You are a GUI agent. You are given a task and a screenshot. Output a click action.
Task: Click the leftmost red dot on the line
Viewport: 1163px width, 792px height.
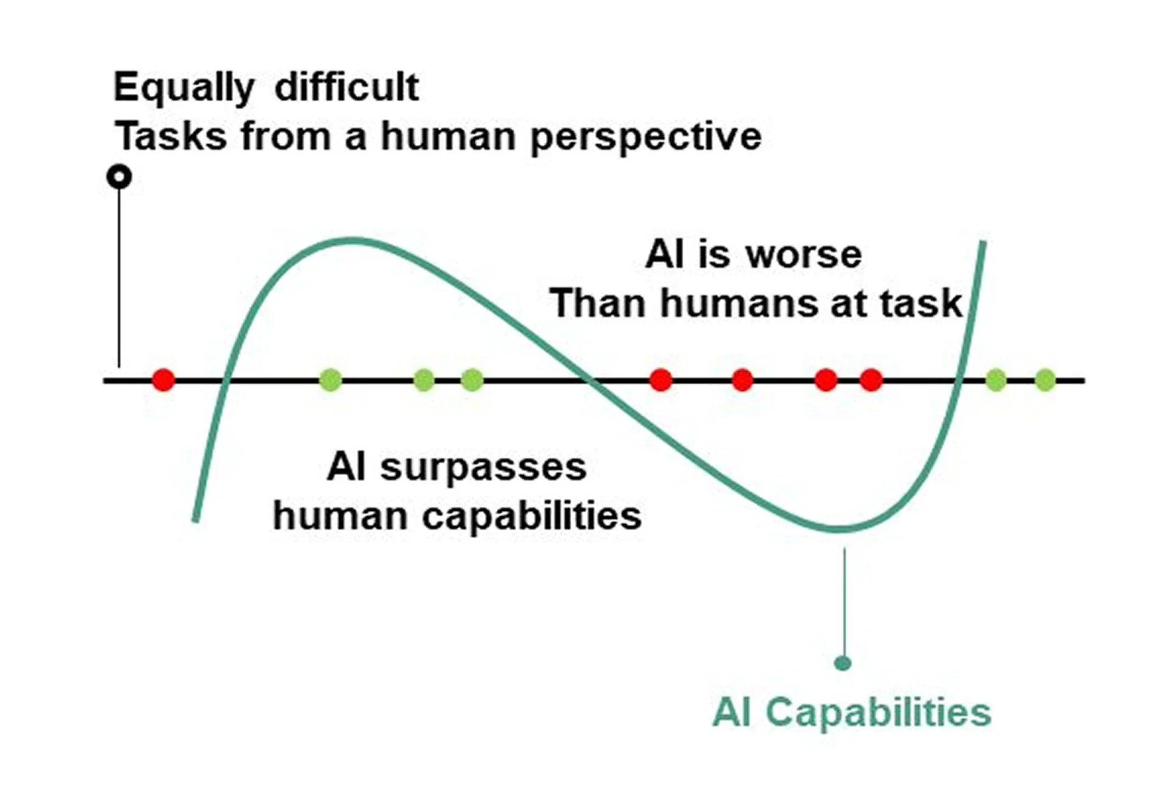(164, 380)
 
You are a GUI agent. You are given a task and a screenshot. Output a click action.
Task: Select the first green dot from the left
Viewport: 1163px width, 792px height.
(330, 380)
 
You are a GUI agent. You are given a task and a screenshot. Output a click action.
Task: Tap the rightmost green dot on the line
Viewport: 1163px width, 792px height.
(1045, 380)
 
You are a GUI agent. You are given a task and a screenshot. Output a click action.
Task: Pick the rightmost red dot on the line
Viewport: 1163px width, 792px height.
(871, 380)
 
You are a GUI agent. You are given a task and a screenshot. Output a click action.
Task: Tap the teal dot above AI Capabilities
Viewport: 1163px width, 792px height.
(843, 663)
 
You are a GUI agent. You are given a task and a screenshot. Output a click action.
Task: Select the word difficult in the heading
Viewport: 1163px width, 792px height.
(346, 87)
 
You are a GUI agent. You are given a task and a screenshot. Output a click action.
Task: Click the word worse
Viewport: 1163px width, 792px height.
(804, 255)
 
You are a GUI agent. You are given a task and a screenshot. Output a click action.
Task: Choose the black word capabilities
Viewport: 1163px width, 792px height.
(532, 516)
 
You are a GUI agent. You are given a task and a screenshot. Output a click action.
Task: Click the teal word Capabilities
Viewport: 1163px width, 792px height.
(878, 712)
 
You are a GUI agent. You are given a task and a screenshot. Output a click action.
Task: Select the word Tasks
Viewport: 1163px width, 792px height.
(171, 136)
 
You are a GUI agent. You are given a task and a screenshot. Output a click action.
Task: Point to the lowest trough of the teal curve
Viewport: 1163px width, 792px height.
(839, 528)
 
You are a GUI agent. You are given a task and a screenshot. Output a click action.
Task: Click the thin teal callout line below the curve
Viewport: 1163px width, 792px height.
(844, 602)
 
